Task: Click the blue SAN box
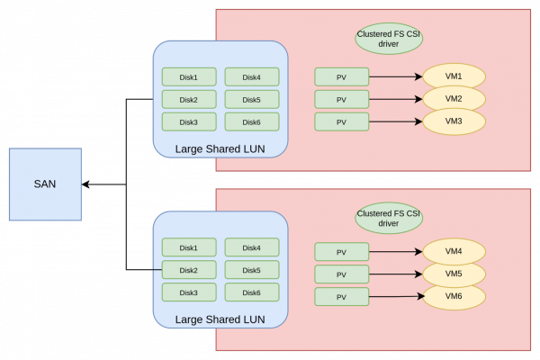point(45,184)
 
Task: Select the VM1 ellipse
point(454,76)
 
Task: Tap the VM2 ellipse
point(454,98)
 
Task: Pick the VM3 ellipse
point(454,121)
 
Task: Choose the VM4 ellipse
point(454,251)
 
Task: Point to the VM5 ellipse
point(454,274)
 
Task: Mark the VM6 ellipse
point(454,296)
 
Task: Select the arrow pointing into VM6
point(395,296)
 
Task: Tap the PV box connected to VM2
point(341,99)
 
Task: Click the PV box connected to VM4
point(341,252)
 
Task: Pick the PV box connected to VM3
point(341,121)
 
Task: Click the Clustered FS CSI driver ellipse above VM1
point(389,38)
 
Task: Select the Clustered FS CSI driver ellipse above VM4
point(389,218)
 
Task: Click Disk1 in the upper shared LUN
point(188,76)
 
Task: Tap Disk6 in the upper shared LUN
point(251,121)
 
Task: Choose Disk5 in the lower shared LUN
point(251,270)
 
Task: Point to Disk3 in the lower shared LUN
point(188,292)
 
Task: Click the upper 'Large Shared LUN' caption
point(220,148)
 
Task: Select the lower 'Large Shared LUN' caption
point(220,319)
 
